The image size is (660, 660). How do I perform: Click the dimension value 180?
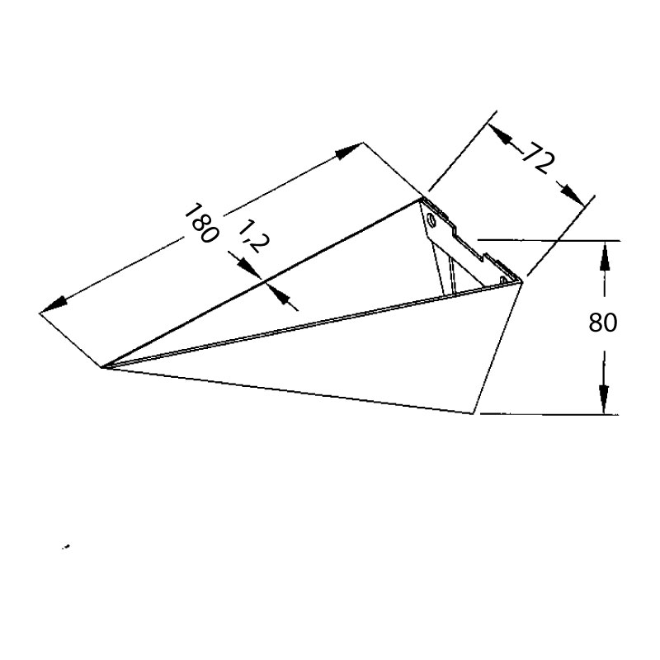coord(200,223)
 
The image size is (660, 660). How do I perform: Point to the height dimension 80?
coord(603,323)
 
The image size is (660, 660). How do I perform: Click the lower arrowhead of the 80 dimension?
coord(605,401)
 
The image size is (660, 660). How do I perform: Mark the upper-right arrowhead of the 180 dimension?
coord(351,149)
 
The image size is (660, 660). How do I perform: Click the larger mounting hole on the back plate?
coord(431,220)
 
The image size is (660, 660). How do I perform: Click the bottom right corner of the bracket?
coord(475,412)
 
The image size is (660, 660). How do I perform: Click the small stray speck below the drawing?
coord(66,547)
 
